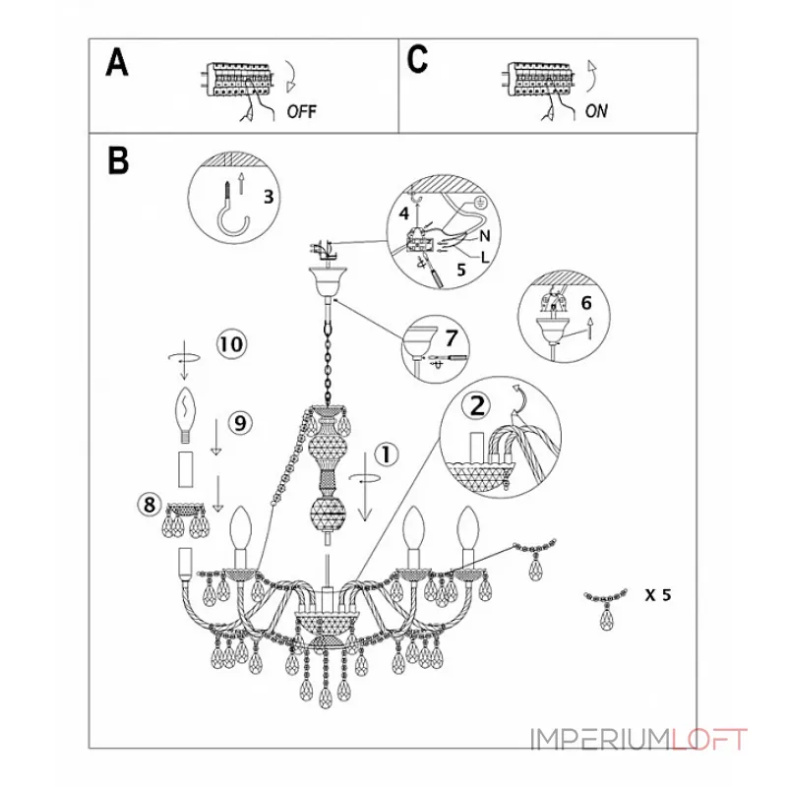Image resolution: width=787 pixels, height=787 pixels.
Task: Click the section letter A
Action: pos(117,63)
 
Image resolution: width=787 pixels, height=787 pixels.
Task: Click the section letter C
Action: pos(417,60)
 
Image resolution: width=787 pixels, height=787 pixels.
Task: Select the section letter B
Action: pos(118,160)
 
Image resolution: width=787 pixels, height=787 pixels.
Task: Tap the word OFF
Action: pos(302,111)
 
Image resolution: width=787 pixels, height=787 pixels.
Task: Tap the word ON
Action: pos(596,110)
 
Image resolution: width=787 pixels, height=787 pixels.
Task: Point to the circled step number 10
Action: pos(231,345)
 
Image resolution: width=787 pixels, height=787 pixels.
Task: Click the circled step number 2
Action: pos(477,405)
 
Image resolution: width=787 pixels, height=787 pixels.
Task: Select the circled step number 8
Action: pos(150,504)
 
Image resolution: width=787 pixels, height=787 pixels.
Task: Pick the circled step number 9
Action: pos(240,423)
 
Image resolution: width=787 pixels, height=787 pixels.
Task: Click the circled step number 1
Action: pos(386,454)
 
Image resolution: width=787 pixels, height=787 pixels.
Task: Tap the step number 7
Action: pos(452,337)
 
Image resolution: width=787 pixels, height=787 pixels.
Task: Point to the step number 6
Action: pos(585,303)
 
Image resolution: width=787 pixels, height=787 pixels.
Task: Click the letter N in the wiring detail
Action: pos(484,236)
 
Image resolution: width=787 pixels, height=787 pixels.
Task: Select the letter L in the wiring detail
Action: pos(484,258)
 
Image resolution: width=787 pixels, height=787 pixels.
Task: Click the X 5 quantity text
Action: pos(658,595)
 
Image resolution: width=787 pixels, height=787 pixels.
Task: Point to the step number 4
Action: pos(404,213)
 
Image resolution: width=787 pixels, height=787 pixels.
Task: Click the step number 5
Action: pos(461,270)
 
